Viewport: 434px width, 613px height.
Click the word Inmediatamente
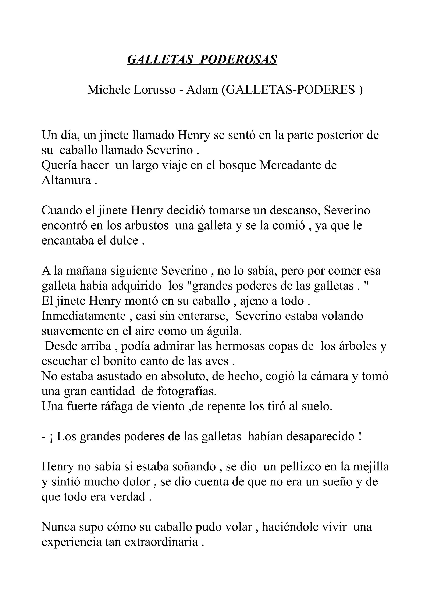(x=83, y=316)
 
